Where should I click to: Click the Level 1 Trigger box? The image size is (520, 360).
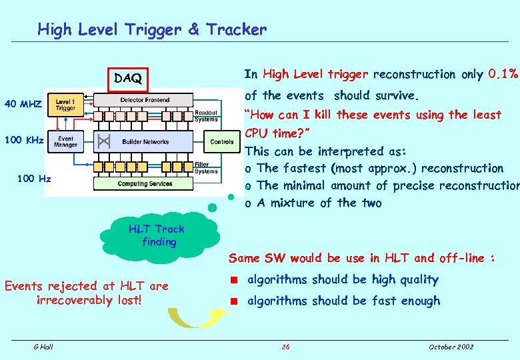click(65, 104)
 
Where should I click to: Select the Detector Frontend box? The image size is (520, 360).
click(145, 100)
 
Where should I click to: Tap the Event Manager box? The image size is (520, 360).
click(65, 141)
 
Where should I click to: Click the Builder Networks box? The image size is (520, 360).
click(145, 141)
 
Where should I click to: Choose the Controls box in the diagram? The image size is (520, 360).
click(222, 141)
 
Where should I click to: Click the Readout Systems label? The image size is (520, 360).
click(206, 117)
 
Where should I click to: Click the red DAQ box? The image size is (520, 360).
click(128, 79)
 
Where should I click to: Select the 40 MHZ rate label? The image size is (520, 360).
click(23, 104)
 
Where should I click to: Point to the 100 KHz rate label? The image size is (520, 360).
click(24, 141)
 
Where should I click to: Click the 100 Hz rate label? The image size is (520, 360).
click(35, 179)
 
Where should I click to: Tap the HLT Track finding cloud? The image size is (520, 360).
click(159, 235)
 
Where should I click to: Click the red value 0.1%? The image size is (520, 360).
click(503, 74)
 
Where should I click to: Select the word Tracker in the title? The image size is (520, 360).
click(236, 29)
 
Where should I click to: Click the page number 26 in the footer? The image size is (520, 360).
click(285, 347)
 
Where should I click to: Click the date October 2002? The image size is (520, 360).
click(451, 347)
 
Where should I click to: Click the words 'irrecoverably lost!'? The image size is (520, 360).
click(89, 300)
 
